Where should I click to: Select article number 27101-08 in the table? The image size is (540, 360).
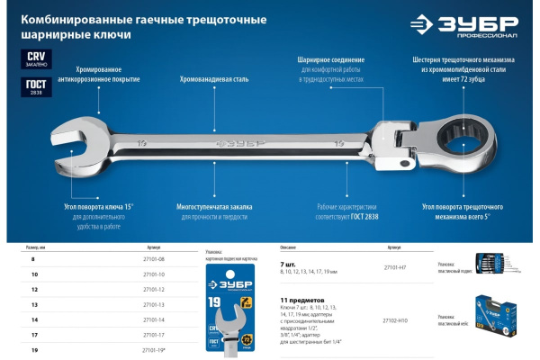155,258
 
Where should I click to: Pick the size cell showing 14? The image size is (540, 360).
35,319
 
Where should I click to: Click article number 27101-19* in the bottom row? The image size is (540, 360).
156,349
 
